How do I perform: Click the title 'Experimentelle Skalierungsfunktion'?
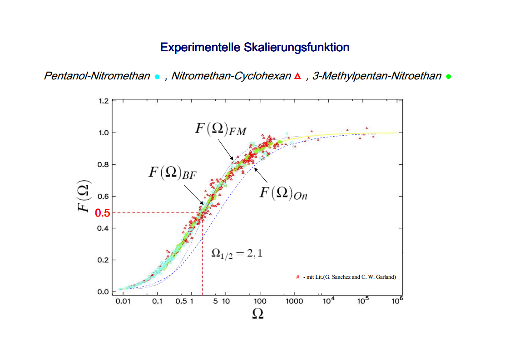[255, 47]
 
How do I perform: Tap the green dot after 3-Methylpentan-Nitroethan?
[448, 77]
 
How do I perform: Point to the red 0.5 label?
[102, 213]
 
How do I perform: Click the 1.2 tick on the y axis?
[104, 101]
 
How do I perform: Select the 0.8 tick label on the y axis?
[104, 164]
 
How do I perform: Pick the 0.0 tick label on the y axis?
[104, 292]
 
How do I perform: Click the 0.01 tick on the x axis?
[123, 301]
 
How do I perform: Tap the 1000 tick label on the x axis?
[294, 301]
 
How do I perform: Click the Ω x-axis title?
[257, 314]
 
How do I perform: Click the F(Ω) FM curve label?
[220, 129]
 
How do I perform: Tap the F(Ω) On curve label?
[283, 193]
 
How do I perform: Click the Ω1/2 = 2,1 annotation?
[237, 254]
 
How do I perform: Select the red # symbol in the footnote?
[297, 277]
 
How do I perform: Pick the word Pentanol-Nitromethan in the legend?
[97, 76]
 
